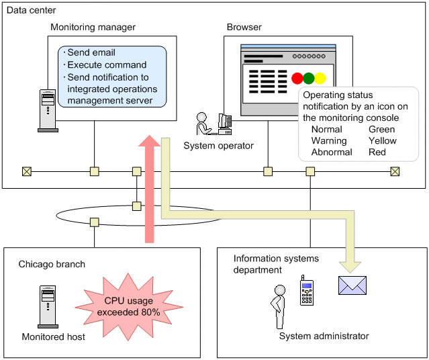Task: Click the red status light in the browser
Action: tap(297, 78)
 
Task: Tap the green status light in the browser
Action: tap(309, 78)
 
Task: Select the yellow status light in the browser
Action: tap(320, 78)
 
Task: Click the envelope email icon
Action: tap(352, 285)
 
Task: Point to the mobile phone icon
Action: tap(306, 290)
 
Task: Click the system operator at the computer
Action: tap(213, 125)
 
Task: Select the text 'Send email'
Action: tap(91, 52)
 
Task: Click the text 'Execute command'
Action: tap(107, 64)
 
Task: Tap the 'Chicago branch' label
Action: tap(52, 264)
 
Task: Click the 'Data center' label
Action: tap(32, 11)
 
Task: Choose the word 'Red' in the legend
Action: tap(377, 152)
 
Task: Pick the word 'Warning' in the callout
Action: tap(329, 140)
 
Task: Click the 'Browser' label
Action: tap(244, 28)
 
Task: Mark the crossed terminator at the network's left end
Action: tap(27, 171)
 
